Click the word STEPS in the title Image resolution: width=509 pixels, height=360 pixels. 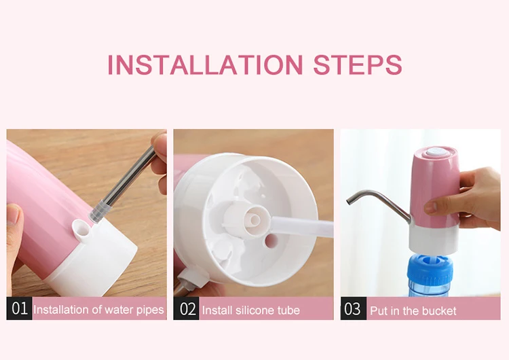[358, 65]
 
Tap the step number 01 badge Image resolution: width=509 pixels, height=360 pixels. [20, 309]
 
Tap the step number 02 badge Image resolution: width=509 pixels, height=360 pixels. [187, 309]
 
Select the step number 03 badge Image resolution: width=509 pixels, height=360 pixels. [352, 310]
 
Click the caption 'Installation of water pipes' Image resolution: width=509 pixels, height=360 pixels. [98, 310]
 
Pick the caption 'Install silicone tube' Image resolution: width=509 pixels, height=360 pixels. [250, 310]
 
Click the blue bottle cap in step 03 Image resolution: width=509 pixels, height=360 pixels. [429, 268]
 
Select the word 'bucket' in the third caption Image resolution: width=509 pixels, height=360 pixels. [438, 311]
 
